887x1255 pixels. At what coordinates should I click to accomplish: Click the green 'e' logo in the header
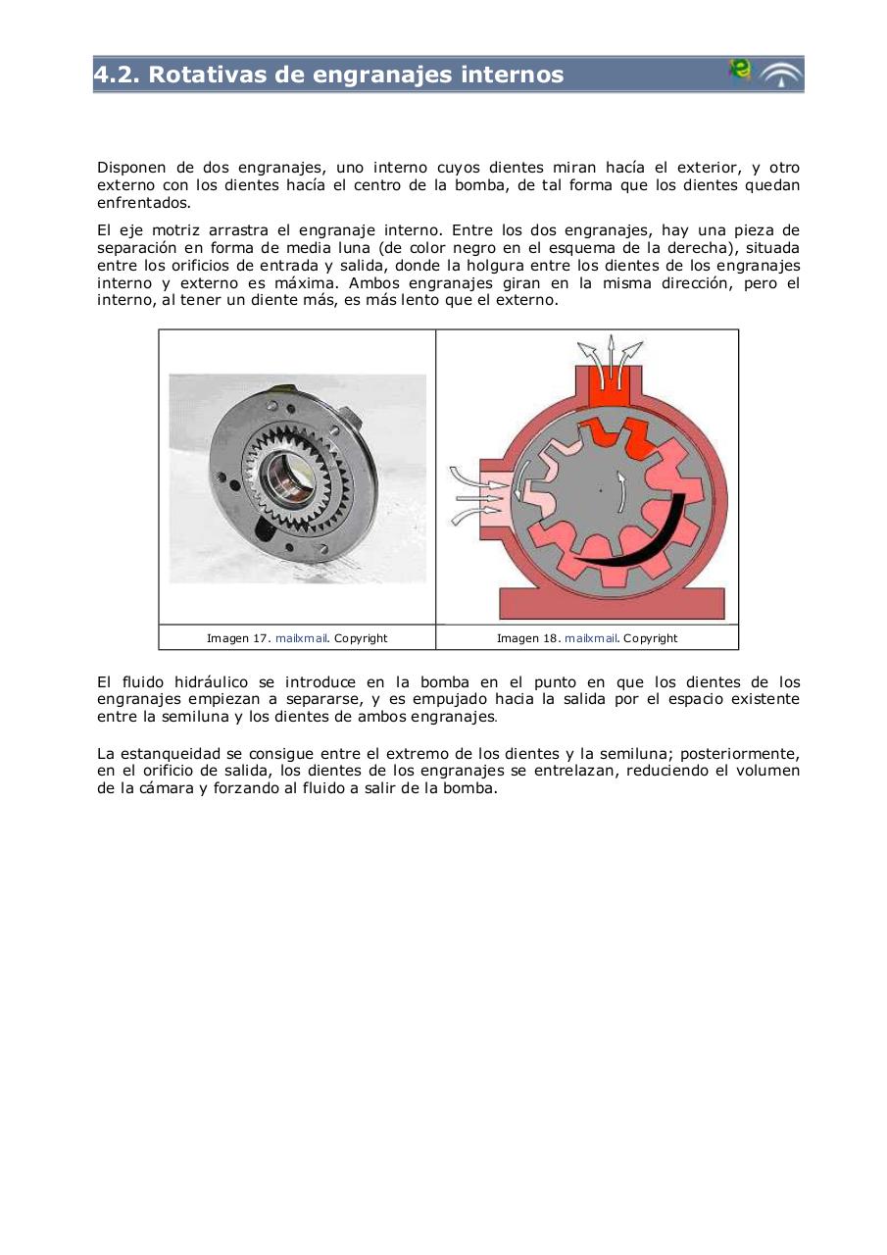pos(739,71)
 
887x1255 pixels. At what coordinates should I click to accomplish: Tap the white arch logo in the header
pos(781,75)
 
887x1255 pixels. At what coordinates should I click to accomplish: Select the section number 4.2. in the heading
pos(117,75)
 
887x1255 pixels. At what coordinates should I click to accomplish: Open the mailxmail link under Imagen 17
pos(301,638)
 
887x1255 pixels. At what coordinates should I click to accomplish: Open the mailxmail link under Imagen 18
pos(591,638)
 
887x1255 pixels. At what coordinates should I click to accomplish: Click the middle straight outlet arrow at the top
pos(611,351)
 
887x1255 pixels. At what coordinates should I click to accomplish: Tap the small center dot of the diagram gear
pos(600,489)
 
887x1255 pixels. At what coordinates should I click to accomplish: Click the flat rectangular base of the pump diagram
pos(612,604)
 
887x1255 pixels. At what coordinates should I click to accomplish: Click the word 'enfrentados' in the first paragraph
pos(143,203)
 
